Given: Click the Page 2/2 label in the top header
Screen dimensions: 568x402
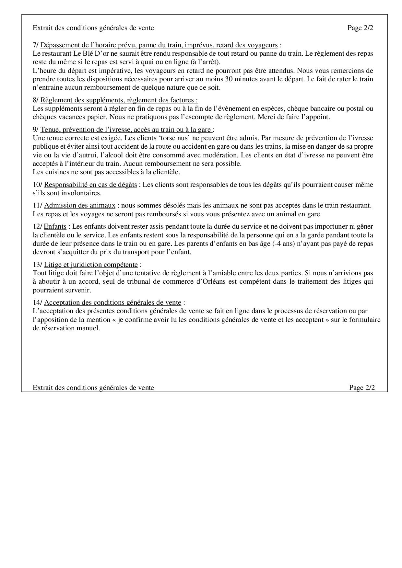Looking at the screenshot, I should click(360, 28).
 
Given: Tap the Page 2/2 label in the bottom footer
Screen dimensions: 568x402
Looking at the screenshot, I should click(362, 388).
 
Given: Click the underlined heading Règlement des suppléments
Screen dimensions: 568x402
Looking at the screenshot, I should click(119, 100).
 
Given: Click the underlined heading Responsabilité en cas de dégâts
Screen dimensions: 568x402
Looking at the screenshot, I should click(90, 185).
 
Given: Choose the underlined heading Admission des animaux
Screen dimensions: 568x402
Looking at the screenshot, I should click(80, 205).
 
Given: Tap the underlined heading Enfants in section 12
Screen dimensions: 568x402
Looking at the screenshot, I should click(55, 226).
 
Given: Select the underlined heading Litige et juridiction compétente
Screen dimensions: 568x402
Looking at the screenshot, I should click(91, 265).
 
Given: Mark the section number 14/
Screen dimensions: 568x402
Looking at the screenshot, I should click(37, 302).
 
